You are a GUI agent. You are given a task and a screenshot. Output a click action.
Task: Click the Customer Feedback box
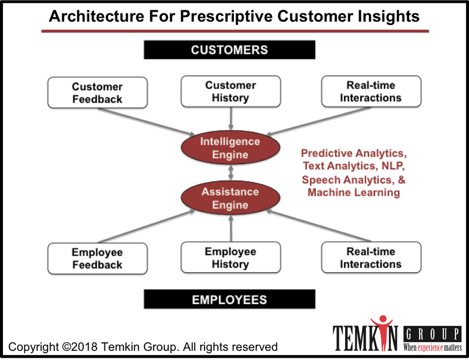(98, 93)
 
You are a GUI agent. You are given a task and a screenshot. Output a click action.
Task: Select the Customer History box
(231, 92)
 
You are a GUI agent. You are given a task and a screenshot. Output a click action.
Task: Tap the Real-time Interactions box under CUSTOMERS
(371, 92)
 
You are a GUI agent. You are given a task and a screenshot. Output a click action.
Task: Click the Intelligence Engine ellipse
(230, 148)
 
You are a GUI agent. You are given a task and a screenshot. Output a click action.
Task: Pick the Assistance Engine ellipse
(230, 198)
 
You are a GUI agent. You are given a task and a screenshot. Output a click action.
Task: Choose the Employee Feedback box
(98, 259)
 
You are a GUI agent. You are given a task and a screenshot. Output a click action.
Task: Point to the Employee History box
(231, 257)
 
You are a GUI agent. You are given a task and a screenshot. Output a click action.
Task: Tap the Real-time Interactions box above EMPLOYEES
(371, 257)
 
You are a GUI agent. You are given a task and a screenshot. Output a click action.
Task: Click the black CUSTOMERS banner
(230, 50)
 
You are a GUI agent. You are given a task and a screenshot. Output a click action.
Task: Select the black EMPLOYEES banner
(230, 299)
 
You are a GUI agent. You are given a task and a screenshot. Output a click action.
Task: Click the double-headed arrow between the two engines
(231, 173)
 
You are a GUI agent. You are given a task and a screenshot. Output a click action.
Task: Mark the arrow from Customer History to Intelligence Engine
(231, 118)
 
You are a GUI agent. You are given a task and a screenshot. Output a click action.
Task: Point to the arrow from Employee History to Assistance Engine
(231, 228)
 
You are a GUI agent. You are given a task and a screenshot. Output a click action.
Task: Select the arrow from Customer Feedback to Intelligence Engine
(147, 122)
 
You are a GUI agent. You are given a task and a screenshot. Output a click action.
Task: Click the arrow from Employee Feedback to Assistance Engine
(147, 226)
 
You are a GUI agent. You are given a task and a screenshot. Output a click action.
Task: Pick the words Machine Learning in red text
(354, 192)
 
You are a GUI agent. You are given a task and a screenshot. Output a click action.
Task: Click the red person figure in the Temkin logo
(382, 332)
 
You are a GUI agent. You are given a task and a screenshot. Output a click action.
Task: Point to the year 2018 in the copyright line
(84, 347)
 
